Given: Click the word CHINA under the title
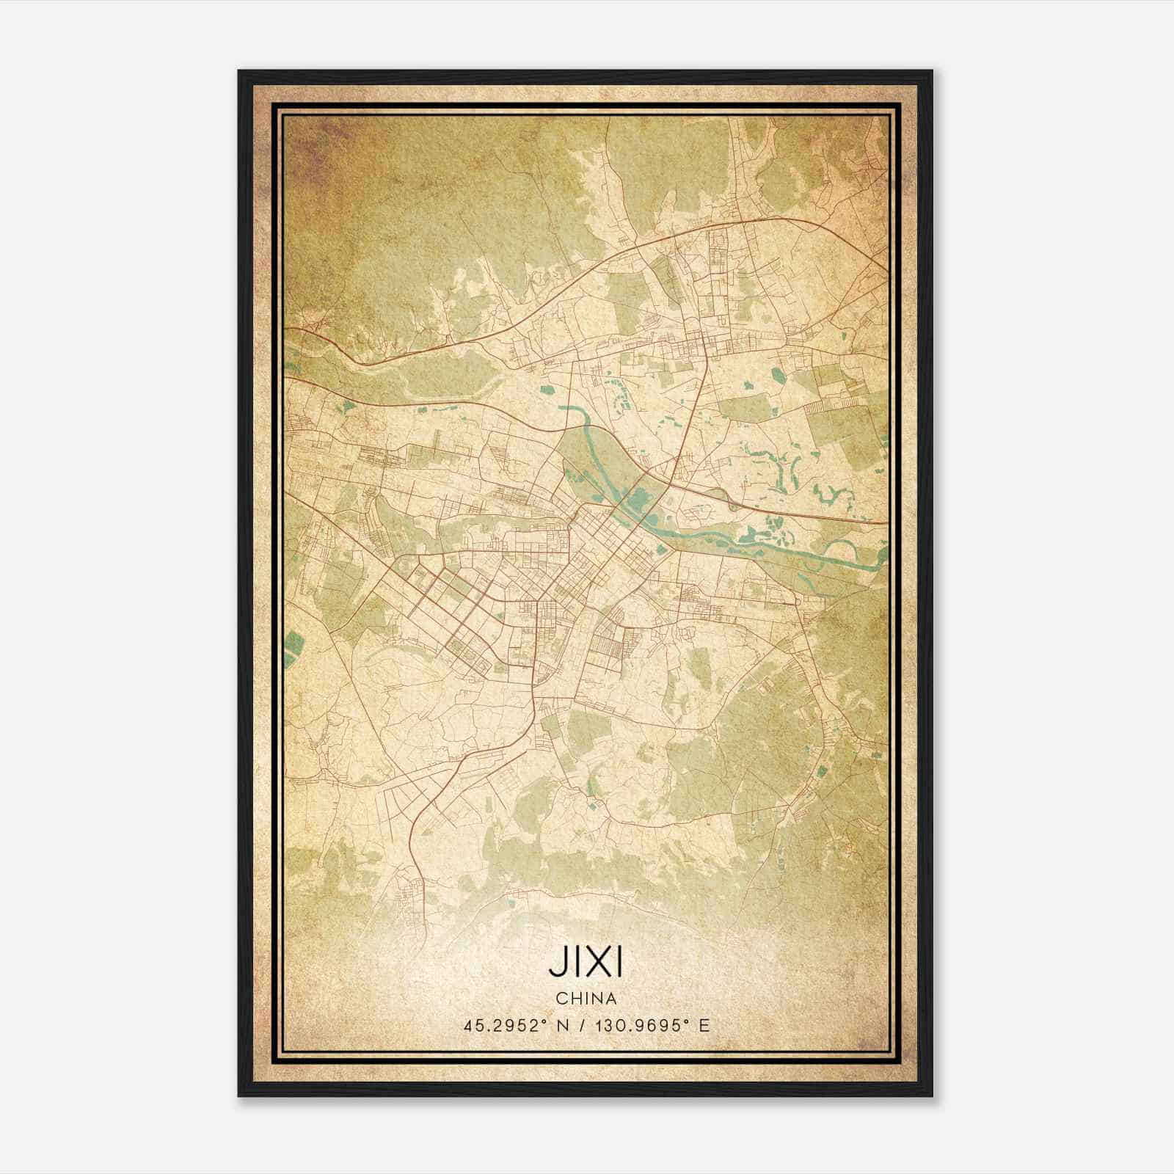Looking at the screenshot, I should point(586,999).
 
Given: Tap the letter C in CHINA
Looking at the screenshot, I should point(561,999).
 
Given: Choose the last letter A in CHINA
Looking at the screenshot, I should point(611,999).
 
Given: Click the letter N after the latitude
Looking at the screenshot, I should point(564,1026).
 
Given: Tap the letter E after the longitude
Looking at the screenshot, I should point(704,1026).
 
